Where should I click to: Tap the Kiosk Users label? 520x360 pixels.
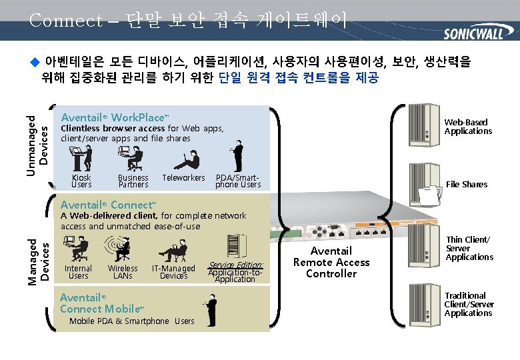tap(81, 181)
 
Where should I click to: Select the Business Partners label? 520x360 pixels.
tap(133, 181)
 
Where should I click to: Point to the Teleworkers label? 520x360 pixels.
tap(183, 178)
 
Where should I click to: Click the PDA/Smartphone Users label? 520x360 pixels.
tap(238, 181)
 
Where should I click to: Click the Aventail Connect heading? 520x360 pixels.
tap(108, 204)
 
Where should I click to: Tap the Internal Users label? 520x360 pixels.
tap(78, 272)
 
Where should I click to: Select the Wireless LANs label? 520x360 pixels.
tap(123, 272)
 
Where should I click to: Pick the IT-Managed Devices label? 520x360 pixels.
tap(173, 272)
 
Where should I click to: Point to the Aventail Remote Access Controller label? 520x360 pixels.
tap(331, 261)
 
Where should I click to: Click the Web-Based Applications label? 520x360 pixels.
tap(468, 127)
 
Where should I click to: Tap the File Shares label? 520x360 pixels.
tap(467, 184)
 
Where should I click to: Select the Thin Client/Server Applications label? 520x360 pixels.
tap(469, 248)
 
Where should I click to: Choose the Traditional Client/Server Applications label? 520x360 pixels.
tap(469, 304)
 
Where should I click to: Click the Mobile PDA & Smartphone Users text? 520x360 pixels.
tap(132, 321)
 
